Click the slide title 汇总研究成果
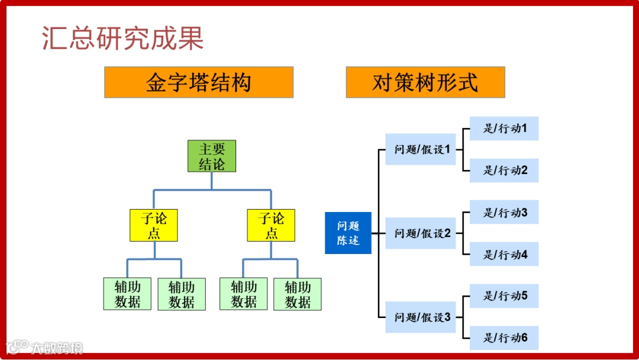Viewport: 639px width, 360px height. (x=123, y=38)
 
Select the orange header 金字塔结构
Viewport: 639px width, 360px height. (x=199, y=82)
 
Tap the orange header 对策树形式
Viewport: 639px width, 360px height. (x=425, y=82)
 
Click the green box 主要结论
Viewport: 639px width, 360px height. (x=211, y=156)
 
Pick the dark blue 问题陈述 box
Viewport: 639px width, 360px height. (x=348, y=233)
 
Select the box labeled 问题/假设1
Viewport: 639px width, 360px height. (x=421, y=149)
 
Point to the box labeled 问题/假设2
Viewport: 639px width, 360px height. (x=421, y=233)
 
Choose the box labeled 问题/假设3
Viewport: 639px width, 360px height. (x=421, y=317)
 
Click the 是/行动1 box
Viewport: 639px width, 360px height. (x=504, y=128)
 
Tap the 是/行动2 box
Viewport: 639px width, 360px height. (x=504, y=171)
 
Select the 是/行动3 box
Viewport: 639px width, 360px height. (x=504, y=212)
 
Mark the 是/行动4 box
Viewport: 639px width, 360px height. (x=504, y=255)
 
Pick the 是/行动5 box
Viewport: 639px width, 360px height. (x=504, y=295)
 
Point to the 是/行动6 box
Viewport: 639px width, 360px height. (x=504, y=338)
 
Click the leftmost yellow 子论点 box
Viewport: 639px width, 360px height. (x=154, y=226)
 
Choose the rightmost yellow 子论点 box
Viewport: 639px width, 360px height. (x=271, y=226)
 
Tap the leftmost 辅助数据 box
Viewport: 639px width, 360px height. (x=127, y=294)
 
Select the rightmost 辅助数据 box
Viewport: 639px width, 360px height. (x=298, y=294)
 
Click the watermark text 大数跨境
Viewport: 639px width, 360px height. (x=57, y=348)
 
